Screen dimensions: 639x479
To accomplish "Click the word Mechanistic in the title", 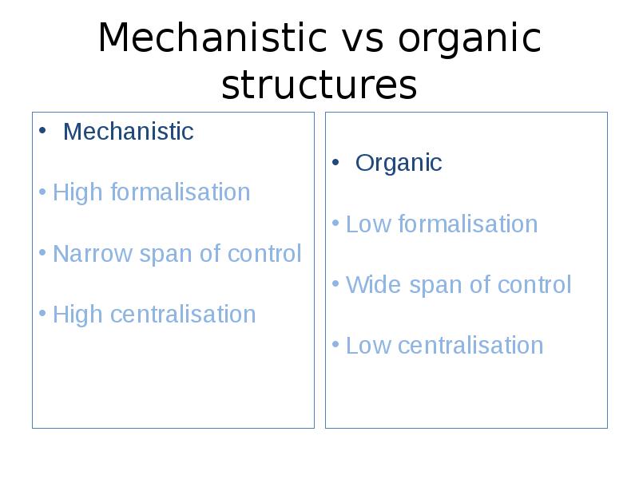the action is [212, 38].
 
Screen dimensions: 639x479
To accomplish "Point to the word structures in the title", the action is [319, 85].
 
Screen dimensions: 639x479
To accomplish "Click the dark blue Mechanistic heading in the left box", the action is [129, 131].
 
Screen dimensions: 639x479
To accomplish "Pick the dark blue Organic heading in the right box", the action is [399, 164].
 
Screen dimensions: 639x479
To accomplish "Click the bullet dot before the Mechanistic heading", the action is [42, 131].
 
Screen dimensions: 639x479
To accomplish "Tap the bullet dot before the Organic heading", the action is [335, 163].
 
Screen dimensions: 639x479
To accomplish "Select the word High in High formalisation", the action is [77, 192].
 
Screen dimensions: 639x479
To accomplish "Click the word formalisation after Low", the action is [468, 224].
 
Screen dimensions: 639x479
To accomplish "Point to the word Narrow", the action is [93, 254].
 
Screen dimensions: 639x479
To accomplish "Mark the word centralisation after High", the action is [183, 314].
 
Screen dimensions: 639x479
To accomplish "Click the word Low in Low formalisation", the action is [368, 224].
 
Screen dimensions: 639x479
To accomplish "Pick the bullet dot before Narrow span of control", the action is [42, 252].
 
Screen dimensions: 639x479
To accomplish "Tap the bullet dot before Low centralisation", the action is [335, 345].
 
